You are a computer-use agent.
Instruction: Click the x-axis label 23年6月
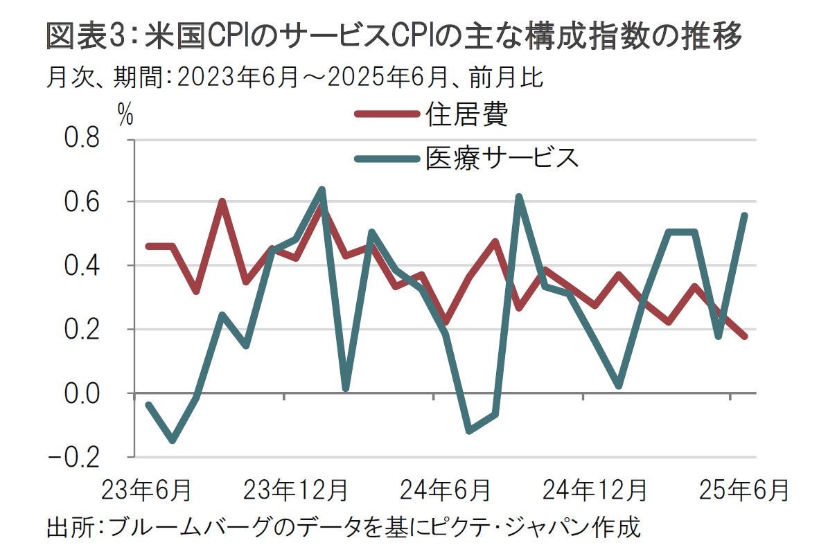(x=146, y=490)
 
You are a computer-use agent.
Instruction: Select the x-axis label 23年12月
(x=295, y=490)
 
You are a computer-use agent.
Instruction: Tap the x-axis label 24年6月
(x=445, y=490)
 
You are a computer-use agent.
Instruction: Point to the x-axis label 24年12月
(x=595, y=490)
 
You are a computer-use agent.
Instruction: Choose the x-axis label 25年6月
(x=744, y=490)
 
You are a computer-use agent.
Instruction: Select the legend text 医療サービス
(x=502, y=159)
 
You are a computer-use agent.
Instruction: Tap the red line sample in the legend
(x=385, y=115)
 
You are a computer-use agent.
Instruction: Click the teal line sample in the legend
(x=385, y=159)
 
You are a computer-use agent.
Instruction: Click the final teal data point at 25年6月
(x=744, y=215)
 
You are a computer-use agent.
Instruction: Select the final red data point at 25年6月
(x=744, y=337)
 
